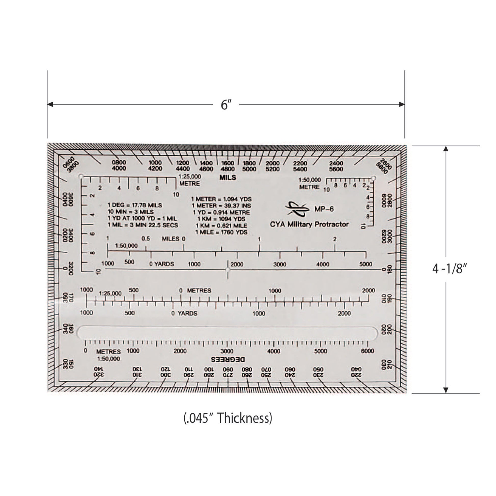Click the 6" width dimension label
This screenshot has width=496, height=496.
coord(226,105)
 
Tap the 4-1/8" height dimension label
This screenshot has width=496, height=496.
coord(449,269)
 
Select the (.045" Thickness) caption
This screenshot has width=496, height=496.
coord(228,418)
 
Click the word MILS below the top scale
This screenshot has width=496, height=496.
coord(228,178)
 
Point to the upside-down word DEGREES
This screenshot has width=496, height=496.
coord(228,359)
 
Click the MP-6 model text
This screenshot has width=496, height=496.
coord(324,209)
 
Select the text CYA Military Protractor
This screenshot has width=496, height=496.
coord(309,224)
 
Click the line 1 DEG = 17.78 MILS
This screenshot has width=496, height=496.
coord(135,205)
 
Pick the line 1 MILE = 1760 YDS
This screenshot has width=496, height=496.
coord(221,232)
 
